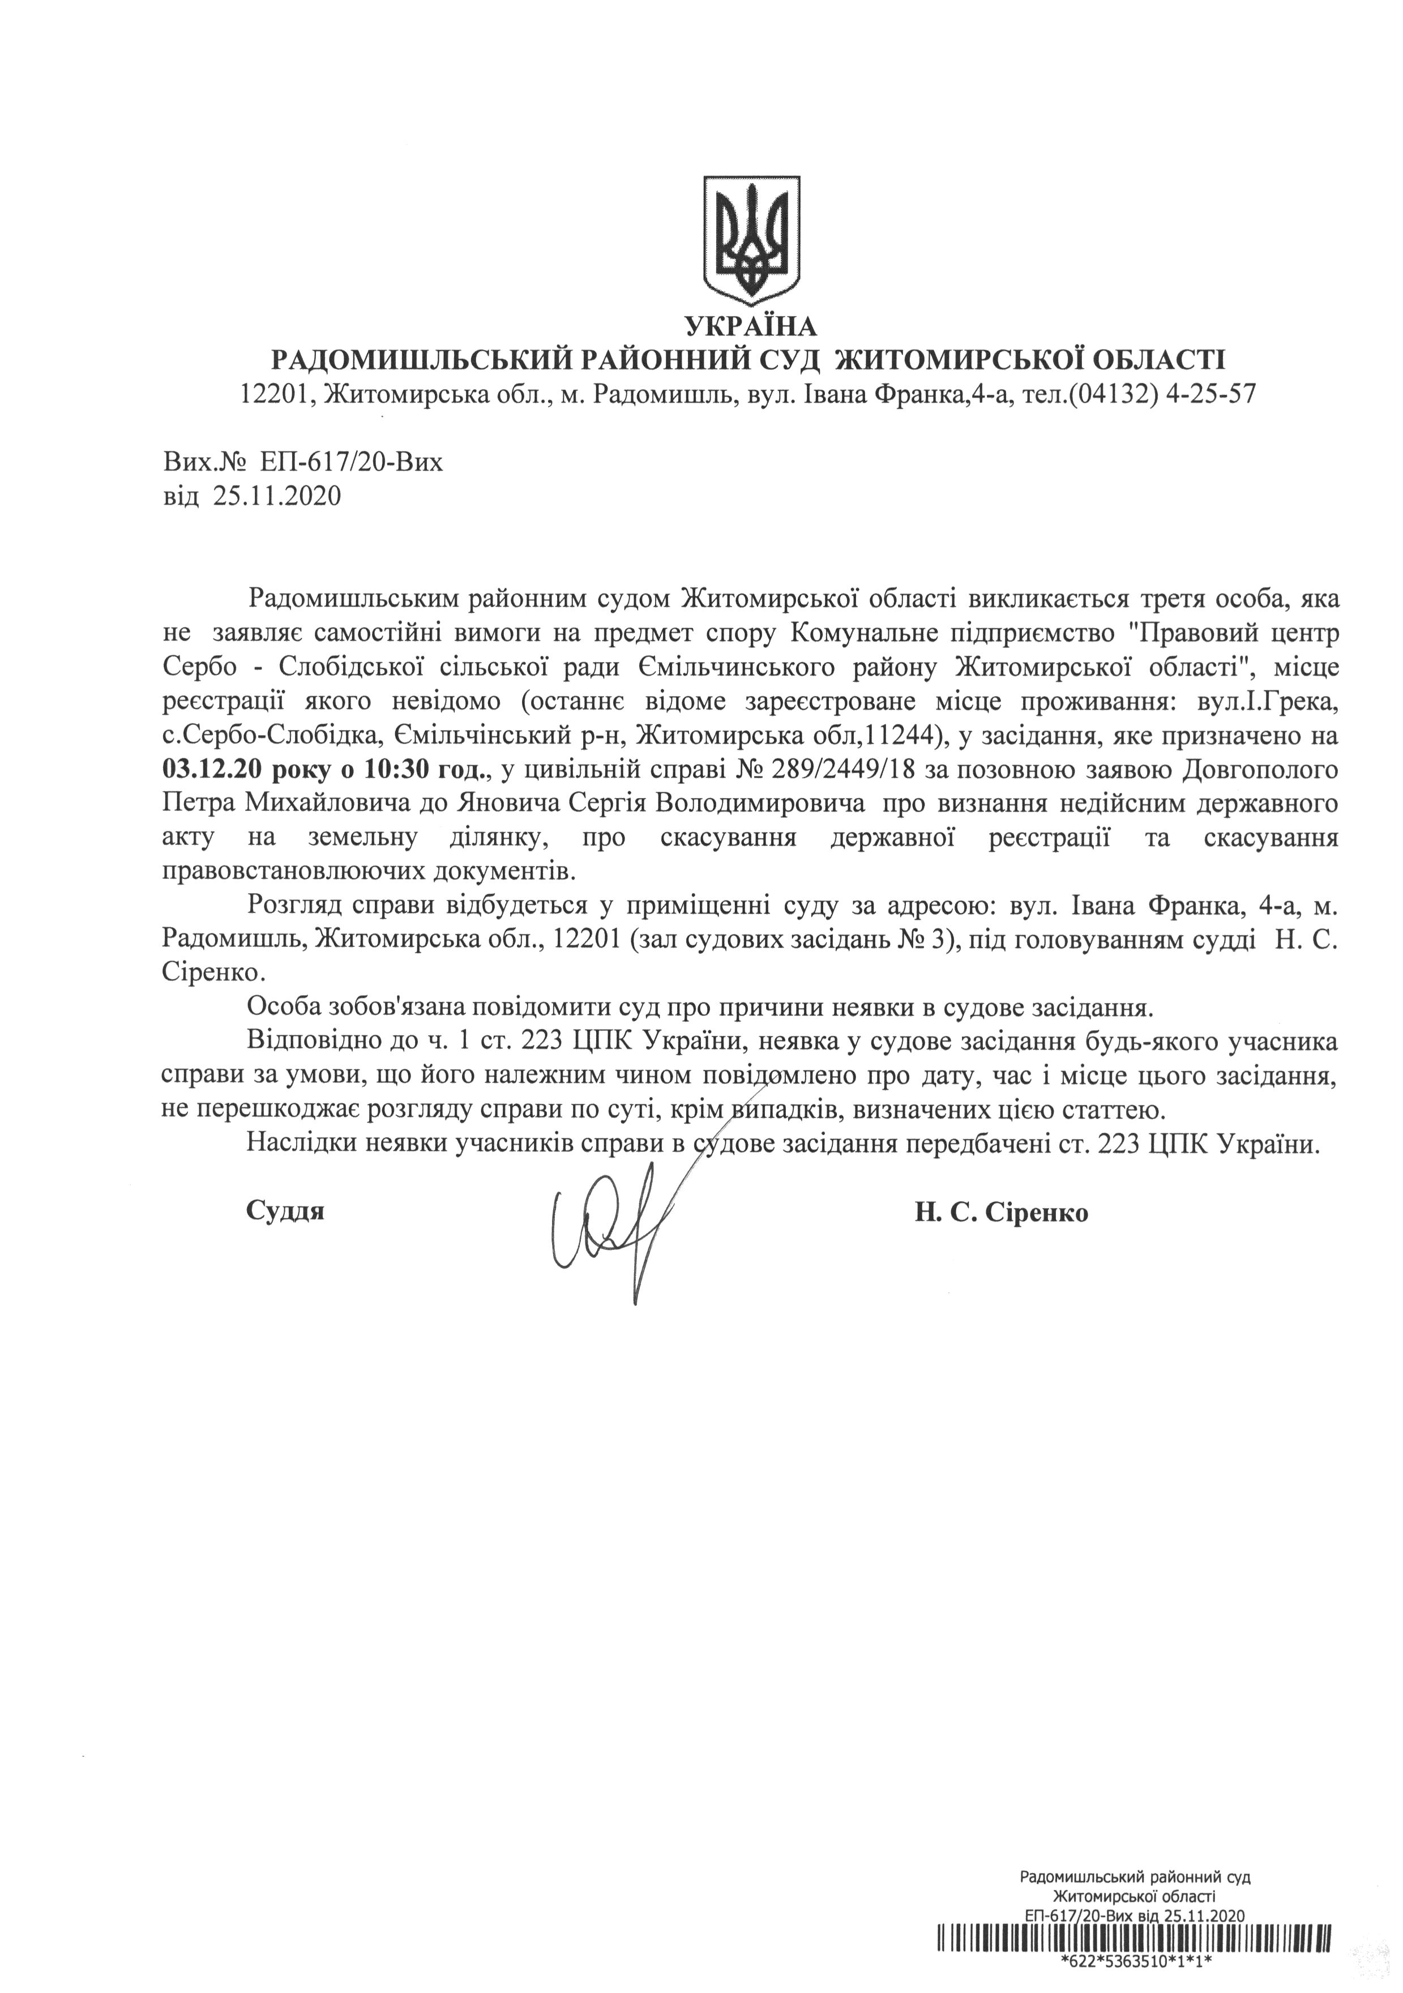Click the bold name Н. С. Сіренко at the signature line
pos(1000,1213)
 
